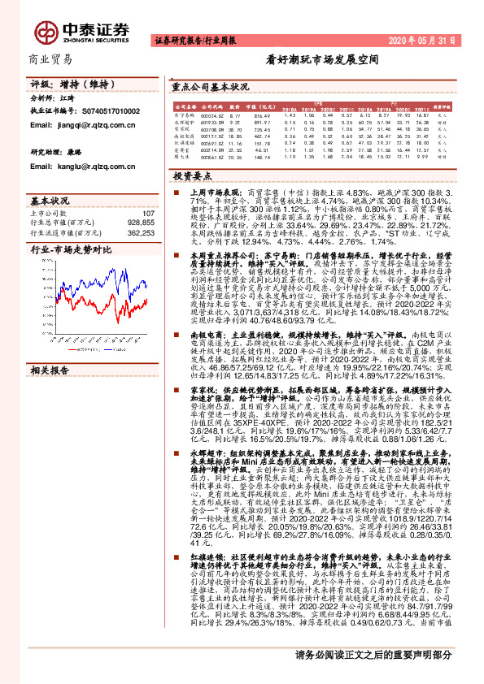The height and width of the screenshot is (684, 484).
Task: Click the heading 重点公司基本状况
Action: (x=210, y=85)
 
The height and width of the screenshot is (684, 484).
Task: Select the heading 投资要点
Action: (x=191, y=175)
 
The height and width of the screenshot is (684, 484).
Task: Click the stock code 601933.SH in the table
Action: (x=211, y=122)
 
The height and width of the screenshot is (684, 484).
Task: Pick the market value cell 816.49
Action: (x=262, y=115)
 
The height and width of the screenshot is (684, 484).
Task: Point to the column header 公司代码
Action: (x=211, y=106)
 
